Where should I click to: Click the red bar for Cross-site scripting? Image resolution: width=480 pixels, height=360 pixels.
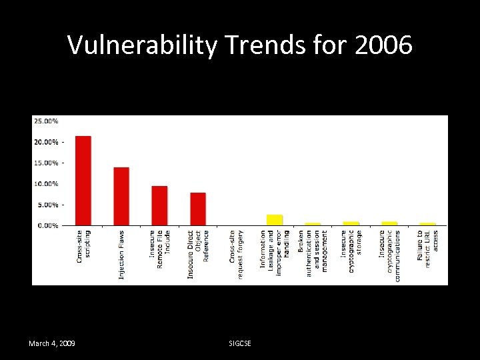coord(83,180)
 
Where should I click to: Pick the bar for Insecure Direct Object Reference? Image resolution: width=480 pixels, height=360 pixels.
coord(198,208)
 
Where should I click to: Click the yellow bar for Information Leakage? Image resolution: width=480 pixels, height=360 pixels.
coord(275,219)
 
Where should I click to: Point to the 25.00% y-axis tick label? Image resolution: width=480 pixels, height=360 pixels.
coord(45,121)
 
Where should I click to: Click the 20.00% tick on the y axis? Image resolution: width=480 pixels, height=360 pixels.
coord(45,142)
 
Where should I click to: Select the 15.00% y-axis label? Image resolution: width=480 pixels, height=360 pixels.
coord(45,163)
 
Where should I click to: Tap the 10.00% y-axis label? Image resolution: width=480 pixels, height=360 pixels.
coord(45,183)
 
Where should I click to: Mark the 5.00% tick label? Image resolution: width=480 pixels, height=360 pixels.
coord(47,205)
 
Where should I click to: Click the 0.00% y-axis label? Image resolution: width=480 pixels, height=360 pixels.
coord(47,225)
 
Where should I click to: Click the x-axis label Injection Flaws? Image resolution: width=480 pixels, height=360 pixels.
coord(122,255)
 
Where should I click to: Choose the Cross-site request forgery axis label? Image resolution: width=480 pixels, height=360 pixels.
coord(236,254)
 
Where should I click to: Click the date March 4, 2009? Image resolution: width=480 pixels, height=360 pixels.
coord(51,343)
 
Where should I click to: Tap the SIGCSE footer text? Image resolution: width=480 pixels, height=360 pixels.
coord(240,343)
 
